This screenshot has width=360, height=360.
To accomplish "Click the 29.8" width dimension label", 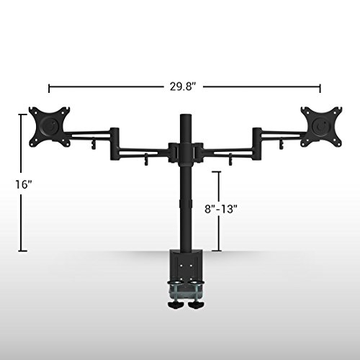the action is pyautogui.click(x=183, y=86).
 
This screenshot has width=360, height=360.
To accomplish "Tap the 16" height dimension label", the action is pyautogui.click(x=24, y=184).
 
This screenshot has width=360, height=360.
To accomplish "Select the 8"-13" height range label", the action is pyautogui.click(x=221, y=209).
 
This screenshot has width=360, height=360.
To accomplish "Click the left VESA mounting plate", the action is pyautogui.click(x=50, y=127).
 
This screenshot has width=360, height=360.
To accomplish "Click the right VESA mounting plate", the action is pyautogui.click(x=322, y=127).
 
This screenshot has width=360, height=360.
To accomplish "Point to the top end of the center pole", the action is pyautogui.click(x=186, y=114).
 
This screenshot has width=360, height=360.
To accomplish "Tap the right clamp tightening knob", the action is pyautogui.click(x=195, y=305).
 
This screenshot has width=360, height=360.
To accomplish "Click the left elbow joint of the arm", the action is pyautogui.click(x=114, y=144).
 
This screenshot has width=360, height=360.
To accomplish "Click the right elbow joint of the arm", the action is pyautogui.click(x=256, y=144).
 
